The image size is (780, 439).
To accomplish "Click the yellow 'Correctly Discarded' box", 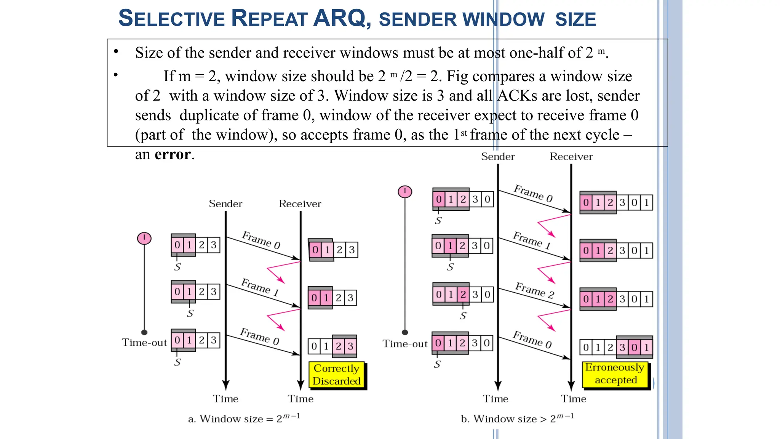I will tap(336, 375).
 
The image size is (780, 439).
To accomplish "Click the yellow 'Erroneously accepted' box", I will tap(615, 374).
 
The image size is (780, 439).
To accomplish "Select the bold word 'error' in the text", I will tap(173, 154).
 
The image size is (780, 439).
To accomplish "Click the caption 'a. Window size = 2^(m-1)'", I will tap(244, 418).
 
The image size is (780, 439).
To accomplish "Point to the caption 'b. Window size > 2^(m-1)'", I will tap(517, 418).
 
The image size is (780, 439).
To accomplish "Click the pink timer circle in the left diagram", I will tap(144, 239).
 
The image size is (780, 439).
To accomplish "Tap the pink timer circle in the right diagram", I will tap(405, 191).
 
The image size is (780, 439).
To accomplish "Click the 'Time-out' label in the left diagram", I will tap(144, 343).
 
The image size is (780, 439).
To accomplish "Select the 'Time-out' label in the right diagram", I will tap(405, 344).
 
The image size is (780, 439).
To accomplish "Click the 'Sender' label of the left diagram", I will tap(225, 204).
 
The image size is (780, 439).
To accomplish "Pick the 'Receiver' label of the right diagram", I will tap(571, 157).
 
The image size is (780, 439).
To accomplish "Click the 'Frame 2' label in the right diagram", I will tap(535, 290).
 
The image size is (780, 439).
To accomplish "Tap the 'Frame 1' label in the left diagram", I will tap(260, 287).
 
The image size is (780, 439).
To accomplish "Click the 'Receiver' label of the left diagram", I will tap(300, 204).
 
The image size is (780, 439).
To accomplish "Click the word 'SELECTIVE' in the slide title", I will tap(172, 18).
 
